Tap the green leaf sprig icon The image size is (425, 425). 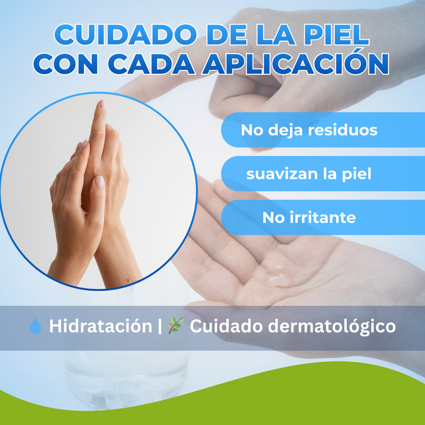(176, 326)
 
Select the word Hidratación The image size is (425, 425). (100, 327)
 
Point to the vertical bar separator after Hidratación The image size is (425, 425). (160, 327)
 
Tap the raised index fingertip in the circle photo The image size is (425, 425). (101, 105)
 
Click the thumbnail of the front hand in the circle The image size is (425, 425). (100, 182)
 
